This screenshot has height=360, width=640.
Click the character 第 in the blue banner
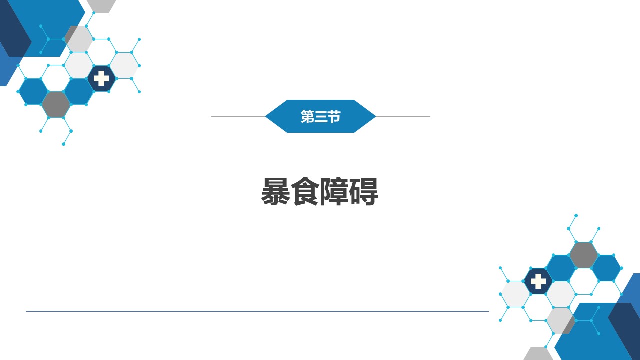307,116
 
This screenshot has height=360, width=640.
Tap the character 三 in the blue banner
320,116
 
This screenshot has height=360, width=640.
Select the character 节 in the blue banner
334,116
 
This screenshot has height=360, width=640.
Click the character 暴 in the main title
275,191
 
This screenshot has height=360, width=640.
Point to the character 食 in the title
305,191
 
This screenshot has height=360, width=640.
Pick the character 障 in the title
334,191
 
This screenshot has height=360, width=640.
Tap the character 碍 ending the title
364,191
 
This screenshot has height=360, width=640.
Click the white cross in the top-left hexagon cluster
101,78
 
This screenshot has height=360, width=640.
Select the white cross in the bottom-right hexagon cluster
538,281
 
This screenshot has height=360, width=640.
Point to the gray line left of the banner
238,116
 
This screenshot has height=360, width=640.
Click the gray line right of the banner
403,116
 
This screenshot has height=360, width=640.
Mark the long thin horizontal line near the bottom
257,311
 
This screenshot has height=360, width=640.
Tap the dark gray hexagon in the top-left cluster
56,105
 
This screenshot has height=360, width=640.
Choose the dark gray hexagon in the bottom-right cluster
583,255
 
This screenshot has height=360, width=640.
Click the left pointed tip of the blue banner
265,116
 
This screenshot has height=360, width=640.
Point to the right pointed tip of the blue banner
375,116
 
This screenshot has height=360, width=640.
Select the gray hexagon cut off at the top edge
101,6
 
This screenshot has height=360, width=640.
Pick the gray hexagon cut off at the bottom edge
538,353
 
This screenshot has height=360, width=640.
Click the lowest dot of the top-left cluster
63,144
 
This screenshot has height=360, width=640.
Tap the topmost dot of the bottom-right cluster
576,215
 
